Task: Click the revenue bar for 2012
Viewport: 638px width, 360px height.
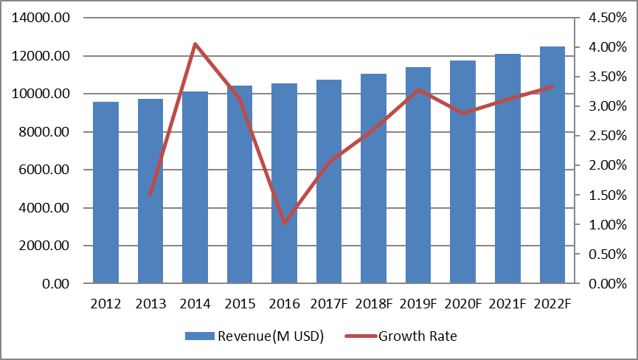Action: [x=105, y=193]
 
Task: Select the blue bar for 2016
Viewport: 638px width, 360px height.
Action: [x=284, y=184]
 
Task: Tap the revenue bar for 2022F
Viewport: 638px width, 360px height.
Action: [x=552, y=166]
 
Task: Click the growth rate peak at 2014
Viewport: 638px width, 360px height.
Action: [x=195, y=44]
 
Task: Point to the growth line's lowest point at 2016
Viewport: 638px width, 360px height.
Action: [x=284, y=223]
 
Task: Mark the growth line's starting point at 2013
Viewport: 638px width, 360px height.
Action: [x=150, y=195]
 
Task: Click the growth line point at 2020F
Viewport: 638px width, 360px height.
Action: [x=462, y=113]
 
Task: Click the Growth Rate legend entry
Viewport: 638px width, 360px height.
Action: [x=417, y=337]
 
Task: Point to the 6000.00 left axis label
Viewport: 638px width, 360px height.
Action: [x=45, y=170]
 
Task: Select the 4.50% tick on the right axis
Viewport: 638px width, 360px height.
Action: [x=607, y=18]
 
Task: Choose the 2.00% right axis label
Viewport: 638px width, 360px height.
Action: [x=607, y=165]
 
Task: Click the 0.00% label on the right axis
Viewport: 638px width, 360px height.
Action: [x=607, y=284]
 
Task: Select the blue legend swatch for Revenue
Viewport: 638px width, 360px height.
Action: [x=200, y=337]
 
